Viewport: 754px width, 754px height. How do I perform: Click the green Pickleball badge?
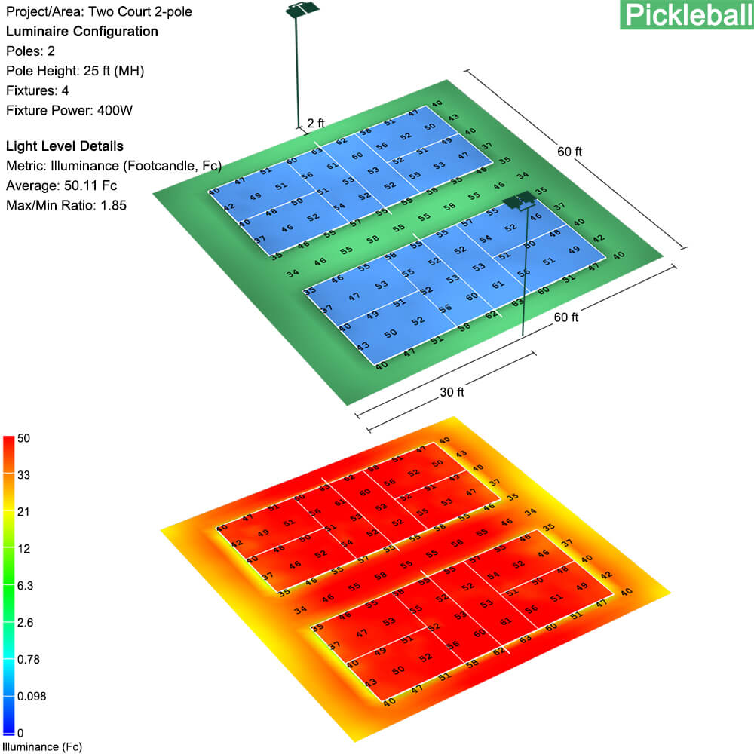click(686, 14)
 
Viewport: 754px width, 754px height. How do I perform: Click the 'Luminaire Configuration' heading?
click(81, 32)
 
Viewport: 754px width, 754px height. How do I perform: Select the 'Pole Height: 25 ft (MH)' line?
click(75, 71)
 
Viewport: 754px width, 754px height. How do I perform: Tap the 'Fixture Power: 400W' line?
click(69, 110)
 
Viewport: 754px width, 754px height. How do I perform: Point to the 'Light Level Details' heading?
click(64, 146)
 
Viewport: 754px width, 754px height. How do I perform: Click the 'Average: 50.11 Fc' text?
click(61, 185)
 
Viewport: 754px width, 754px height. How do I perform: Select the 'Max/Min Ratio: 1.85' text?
click(66, 205)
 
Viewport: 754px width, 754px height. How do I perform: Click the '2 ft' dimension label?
click(316, 123)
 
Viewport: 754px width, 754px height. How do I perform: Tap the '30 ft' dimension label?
click(452, 392)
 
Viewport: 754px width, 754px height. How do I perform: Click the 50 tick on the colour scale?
click(23, 438)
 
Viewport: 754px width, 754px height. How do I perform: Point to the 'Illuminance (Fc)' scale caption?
click(41, 747)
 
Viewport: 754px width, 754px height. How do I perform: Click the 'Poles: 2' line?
click(30, 51)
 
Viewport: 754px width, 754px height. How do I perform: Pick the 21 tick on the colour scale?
click(23, 512)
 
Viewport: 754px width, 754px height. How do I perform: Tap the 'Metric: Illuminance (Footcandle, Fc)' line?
click(102, 166)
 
